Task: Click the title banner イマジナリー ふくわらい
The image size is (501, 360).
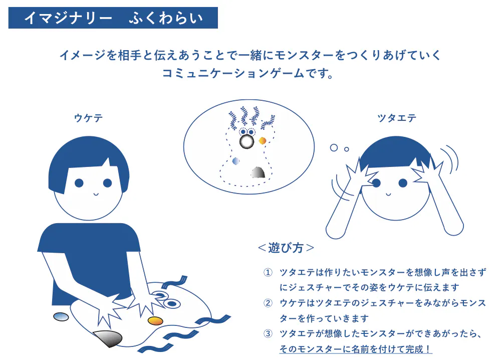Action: [x=113, y=18]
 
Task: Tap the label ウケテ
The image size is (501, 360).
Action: [x=89, y=118]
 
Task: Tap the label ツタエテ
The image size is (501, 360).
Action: [x=397, y=118]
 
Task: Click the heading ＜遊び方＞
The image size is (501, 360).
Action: [x=286, y=248]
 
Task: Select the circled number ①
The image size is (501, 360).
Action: [x=268, y=273]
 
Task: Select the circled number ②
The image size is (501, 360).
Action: [x=268, y=303]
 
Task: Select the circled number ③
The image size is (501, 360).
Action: [x=268, y=333]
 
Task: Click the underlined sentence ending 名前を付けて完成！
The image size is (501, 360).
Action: [x=356, y=349]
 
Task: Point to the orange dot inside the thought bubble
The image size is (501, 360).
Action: [x=263, y=141]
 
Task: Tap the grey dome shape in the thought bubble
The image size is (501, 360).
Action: [x=258, y=172]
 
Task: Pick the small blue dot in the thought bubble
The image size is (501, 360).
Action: [x=236, y=161]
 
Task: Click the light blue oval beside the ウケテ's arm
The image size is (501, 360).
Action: [x=61, y=316]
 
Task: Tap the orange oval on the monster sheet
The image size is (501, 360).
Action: [x=156, y=320]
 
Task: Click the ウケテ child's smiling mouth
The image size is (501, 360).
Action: [x=96, y=194]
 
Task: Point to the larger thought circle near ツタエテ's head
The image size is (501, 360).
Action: [x=334, y=148]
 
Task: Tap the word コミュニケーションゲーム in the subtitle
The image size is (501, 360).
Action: [x=233, y=74]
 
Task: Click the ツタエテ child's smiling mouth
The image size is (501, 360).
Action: [x=388, y=194]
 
